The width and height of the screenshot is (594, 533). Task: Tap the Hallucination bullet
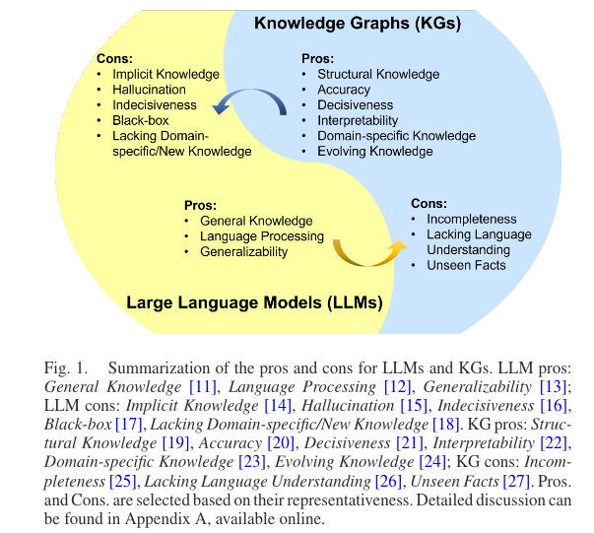(150, 90)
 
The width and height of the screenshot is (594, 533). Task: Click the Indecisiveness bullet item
(154, 105)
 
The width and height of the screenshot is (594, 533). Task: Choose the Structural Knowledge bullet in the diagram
(378, 74)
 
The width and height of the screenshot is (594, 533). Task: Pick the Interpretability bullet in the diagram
(364, 120)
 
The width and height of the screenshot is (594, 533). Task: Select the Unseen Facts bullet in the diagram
(466, 264)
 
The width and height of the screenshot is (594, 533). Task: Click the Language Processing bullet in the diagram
(261, 236)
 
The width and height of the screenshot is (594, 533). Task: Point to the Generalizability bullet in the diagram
(243, 251)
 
